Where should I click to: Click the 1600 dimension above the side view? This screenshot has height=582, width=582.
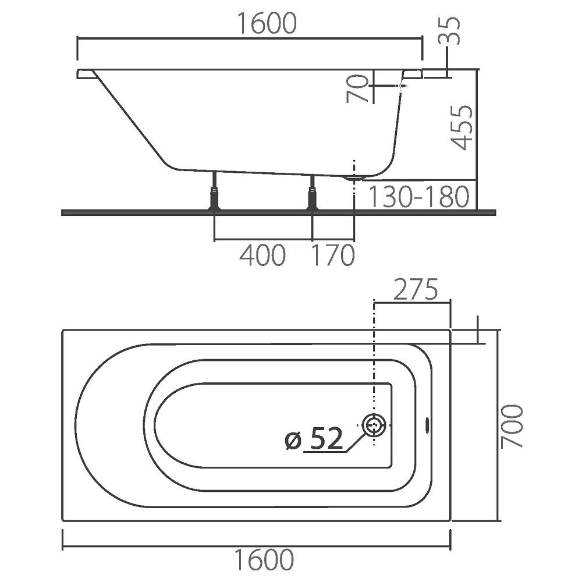(267, 23)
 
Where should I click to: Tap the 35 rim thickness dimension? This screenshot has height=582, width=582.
(450, 31)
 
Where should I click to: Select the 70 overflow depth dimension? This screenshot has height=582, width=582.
(357, 88)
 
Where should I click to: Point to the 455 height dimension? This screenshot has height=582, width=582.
(462, 127)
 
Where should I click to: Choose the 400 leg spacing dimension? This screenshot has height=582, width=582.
(262, 255)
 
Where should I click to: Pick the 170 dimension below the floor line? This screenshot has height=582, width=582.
(333, 255)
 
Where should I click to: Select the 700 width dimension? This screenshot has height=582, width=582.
(512, 427)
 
